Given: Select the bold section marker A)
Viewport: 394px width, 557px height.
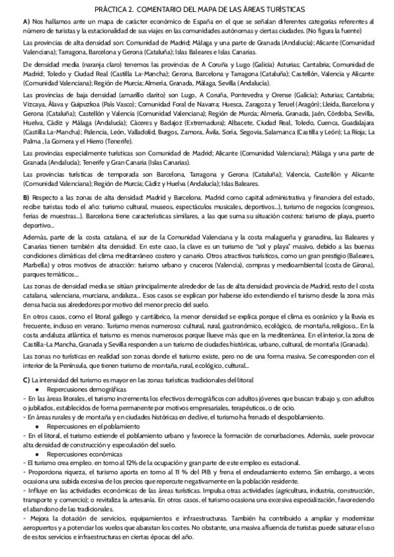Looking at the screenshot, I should point(26,22).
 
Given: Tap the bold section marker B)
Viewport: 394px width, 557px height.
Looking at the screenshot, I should point(26,197).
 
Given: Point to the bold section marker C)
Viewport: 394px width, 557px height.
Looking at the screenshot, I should point(26,380).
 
